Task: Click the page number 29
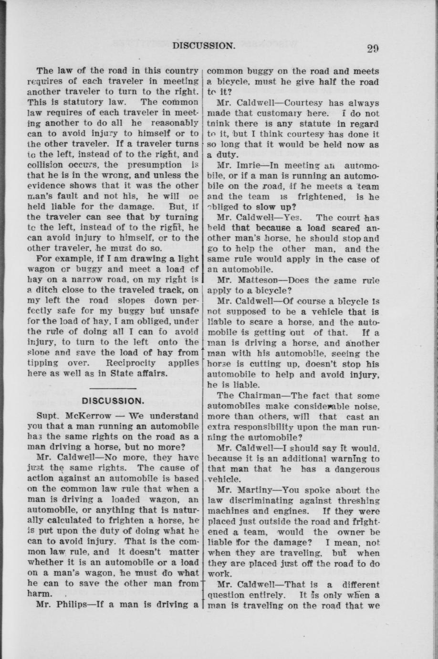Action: click(373, 48)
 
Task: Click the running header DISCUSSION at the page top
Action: click(204, 46)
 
